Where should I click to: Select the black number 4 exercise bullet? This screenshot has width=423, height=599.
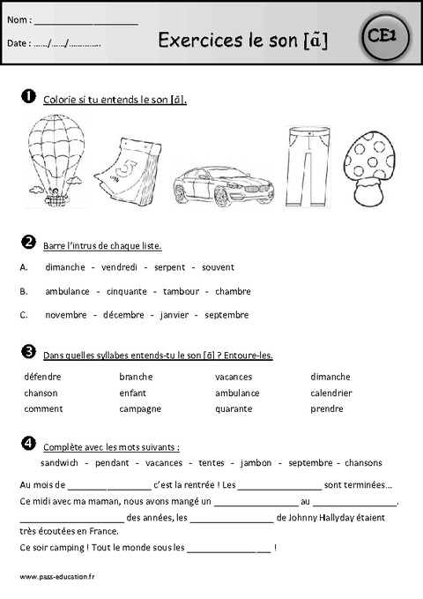pyautogui.click(x=27, y=442)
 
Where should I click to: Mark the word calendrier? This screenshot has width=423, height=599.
pyautogui.click(x=331, y=393)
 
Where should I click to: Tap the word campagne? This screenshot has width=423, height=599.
pyautogui.click(x=140, y=409)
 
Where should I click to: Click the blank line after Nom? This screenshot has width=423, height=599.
pyautogui.click(x=86, y=19)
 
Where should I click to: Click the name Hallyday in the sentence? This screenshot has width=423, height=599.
pyautogui.click(x=343, y=518)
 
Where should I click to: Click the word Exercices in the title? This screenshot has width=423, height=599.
pyautogui.click(x=197, y=39)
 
